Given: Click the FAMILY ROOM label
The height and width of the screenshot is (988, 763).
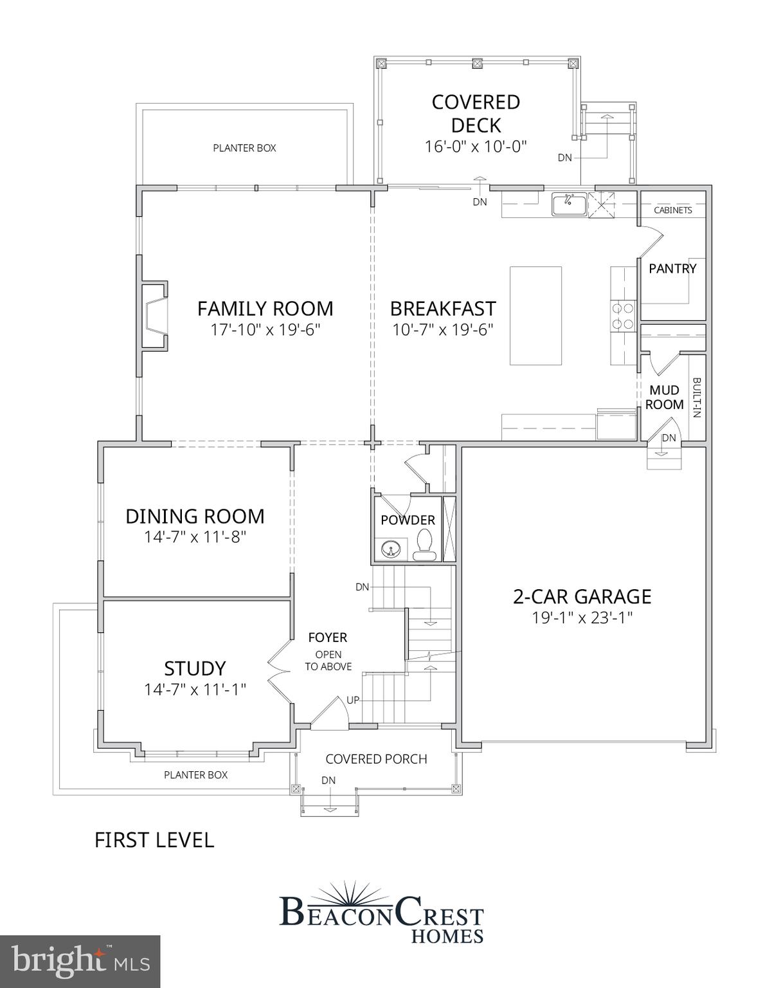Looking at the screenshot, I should tap(265, 309).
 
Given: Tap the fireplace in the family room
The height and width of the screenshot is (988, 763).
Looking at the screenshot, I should tap(154, 316).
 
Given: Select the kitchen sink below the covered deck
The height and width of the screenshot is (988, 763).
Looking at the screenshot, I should tap(569, 205).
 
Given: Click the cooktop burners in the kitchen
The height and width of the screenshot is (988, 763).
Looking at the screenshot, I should tap(623, 316).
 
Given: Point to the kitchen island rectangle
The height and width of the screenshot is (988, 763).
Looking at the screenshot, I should tap(535, 315).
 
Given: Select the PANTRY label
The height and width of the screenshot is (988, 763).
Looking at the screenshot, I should tap(672, 269).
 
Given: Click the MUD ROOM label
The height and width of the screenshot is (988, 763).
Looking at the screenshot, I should tap(664, 398).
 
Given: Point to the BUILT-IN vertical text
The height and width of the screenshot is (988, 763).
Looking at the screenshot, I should tap(697, 398).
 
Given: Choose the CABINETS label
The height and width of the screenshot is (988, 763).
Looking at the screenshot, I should tap(673, 210).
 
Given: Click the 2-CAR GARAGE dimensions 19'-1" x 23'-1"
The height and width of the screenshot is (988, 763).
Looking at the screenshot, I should tap(582, 618).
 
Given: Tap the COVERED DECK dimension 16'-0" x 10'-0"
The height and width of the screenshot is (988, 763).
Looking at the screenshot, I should tap(476, 147).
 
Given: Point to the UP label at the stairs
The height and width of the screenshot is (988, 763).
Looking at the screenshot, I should tap(353, 700).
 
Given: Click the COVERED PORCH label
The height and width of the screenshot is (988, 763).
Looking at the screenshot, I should tap(376, 759).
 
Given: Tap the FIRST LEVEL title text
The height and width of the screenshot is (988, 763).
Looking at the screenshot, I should tap(154, 840).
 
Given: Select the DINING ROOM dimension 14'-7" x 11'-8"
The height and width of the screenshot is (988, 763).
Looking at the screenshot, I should tap(195, 537).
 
